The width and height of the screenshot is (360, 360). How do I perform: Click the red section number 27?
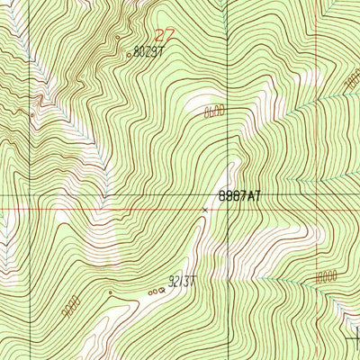coord(164,35)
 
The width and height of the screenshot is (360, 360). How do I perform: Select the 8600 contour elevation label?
coord(213,111)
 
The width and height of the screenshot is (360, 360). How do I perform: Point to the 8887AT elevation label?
coord(238,193)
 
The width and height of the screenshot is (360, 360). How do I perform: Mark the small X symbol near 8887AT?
coord(205,210)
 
